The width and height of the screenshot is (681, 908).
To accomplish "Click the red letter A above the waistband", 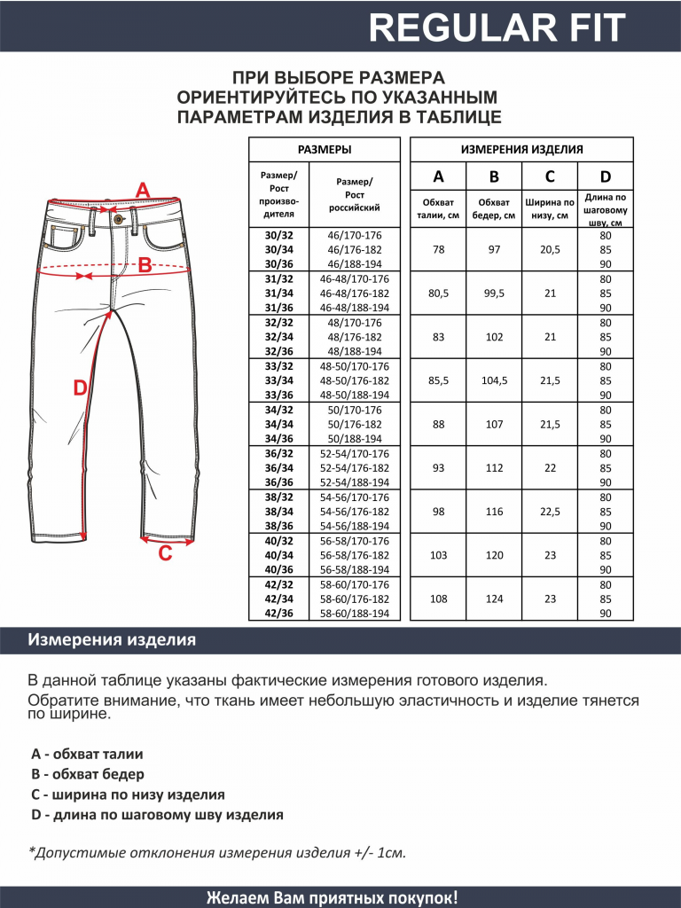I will coord(143,191).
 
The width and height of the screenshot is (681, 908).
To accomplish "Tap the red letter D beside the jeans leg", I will coord(80,387).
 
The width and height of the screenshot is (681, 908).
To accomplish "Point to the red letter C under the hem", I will coord(165,555).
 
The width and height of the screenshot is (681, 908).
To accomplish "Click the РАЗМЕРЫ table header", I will coord(324,150).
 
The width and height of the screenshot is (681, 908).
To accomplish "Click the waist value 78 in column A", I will coord(439,250).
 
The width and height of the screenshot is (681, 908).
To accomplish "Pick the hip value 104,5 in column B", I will coord(494,380).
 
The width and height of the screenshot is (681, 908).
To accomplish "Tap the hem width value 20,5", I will coord(550,250).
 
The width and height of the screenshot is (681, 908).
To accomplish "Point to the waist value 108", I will coord(439,598).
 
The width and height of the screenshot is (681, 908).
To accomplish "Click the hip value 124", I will coord(494,598).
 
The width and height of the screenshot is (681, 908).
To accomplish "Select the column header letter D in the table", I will coord(606,176).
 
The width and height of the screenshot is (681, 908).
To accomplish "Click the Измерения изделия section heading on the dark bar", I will coord(112,639).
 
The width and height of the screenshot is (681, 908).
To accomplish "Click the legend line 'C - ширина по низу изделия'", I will coord(128,794).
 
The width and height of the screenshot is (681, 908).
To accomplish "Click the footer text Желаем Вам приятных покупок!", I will coord(333,896).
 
